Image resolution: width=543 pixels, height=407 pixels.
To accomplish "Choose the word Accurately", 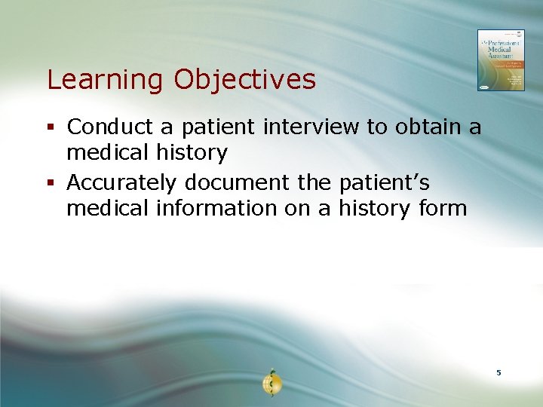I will tap(122, 182).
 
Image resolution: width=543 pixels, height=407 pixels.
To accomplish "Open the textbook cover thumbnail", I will tap(500, 60).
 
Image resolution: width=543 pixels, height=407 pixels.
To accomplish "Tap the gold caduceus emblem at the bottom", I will tap(271, 384).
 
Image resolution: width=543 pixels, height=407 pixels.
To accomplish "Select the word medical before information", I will tap(107, 208).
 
